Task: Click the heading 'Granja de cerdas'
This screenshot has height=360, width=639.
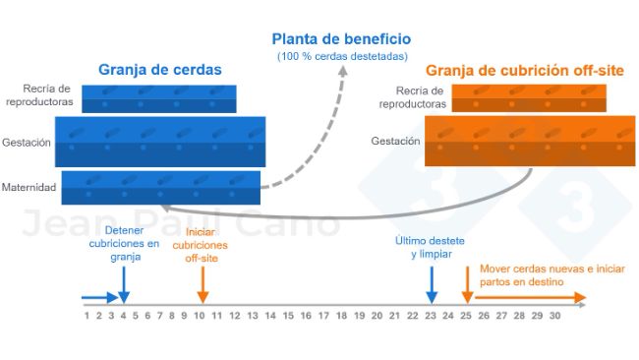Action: pos(159,70)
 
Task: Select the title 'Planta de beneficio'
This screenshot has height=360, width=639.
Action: pos(341,40)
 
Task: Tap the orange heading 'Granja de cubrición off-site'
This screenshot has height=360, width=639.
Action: pos(524,71)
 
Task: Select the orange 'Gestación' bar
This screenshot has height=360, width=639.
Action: pos(529,141)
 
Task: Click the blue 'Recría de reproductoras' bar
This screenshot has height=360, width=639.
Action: pos(158,98)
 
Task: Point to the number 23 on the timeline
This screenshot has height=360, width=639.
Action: pos(431,315)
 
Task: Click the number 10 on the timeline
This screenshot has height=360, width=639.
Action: pos(200,315)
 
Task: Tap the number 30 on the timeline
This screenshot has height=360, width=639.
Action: pos(554,315)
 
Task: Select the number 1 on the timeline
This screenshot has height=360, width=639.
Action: pos(87,315)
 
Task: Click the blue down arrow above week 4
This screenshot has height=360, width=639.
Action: pos(124,285)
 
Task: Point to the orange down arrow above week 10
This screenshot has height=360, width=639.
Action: pos(202,285)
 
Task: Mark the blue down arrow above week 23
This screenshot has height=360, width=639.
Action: pos(431,285)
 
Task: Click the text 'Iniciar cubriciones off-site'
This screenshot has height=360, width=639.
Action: pos(202,246)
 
